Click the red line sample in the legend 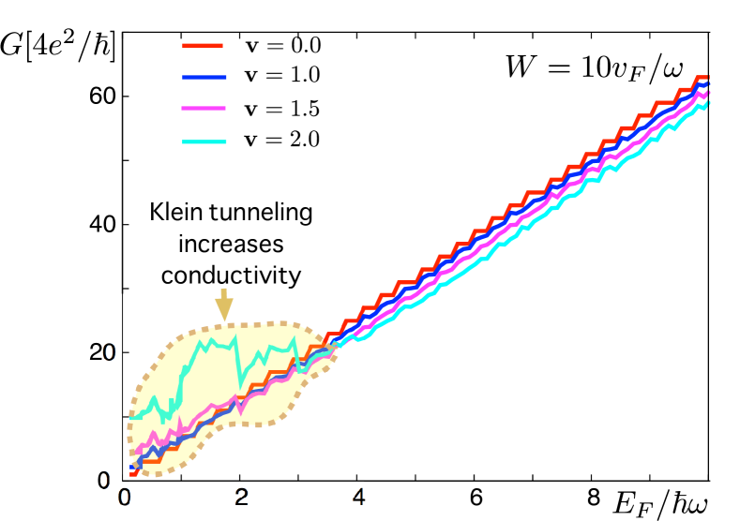pos(202,45)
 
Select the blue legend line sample pos(204,77)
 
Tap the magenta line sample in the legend pos(204,109)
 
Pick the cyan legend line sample pos(204,141)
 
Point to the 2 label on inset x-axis pos(241,497)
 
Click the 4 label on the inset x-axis pos(359,497)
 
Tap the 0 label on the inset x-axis pos(125,497)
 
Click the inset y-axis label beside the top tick pos(109,353)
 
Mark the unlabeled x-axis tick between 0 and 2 pos(182,479)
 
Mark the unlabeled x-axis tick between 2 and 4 pos(300,479)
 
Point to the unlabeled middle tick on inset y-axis pos(124,415)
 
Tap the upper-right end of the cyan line pos(705,101)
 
